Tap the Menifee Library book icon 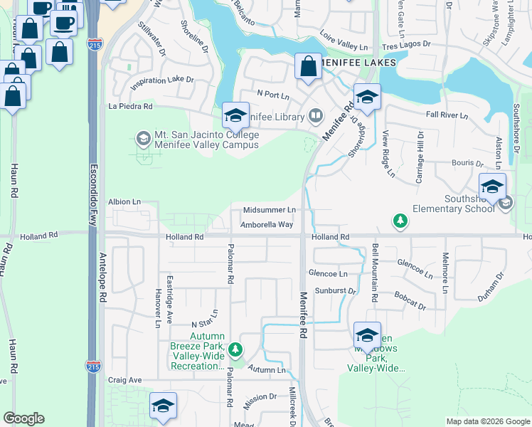point(315,116)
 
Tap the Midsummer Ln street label point(269,211)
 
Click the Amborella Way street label point(267,225)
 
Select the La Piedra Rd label point(130,107)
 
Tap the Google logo point(23,418)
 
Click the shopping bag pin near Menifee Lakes point(309,68)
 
